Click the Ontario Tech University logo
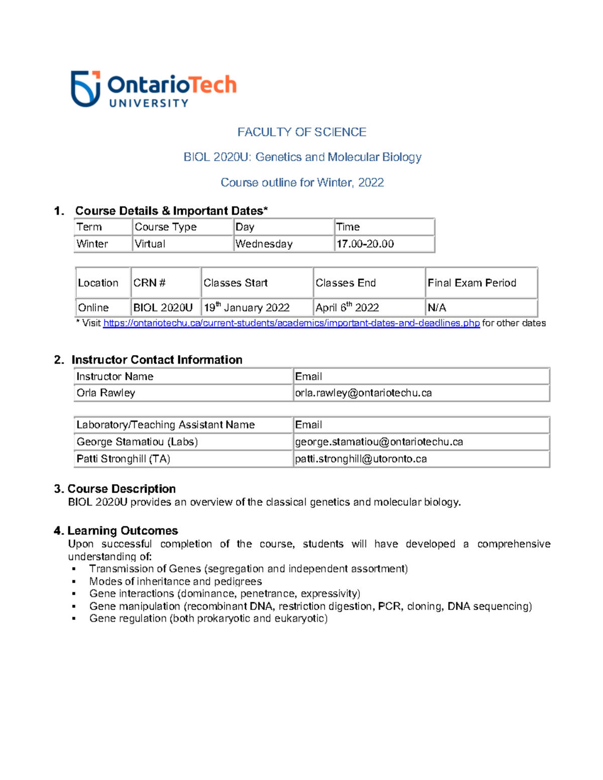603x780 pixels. point(153,89)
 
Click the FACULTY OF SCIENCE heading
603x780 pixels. point(301,132)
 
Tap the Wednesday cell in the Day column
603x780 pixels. point(264,244)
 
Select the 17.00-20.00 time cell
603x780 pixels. point(365,244)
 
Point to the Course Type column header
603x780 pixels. point(165,227)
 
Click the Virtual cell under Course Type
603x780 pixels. point(150,244)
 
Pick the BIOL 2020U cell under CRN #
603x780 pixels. point(163,307)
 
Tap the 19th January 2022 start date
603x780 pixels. point(247,307)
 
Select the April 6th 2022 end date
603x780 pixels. point(347,307)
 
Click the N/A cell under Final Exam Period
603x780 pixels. point(437,307)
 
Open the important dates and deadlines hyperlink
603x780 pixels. point(291,323)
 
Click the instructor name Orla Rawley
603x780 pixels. point(106,393)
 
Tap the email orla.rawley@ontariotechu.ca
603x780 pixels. point(363,393)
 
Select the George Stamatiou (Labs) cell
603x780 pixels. point(137,442)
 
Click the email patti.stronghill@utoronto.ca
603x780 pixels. point(361,459)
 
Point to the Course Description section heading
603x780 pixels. point(122,489)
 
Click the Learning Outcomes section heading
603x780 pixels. point(123,531)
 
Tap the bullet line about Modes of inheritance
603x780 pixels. point(175,582)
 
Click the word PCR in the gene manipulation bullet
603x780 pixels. point(389,606)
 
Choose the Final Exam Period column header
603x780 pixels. point(472,283)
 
